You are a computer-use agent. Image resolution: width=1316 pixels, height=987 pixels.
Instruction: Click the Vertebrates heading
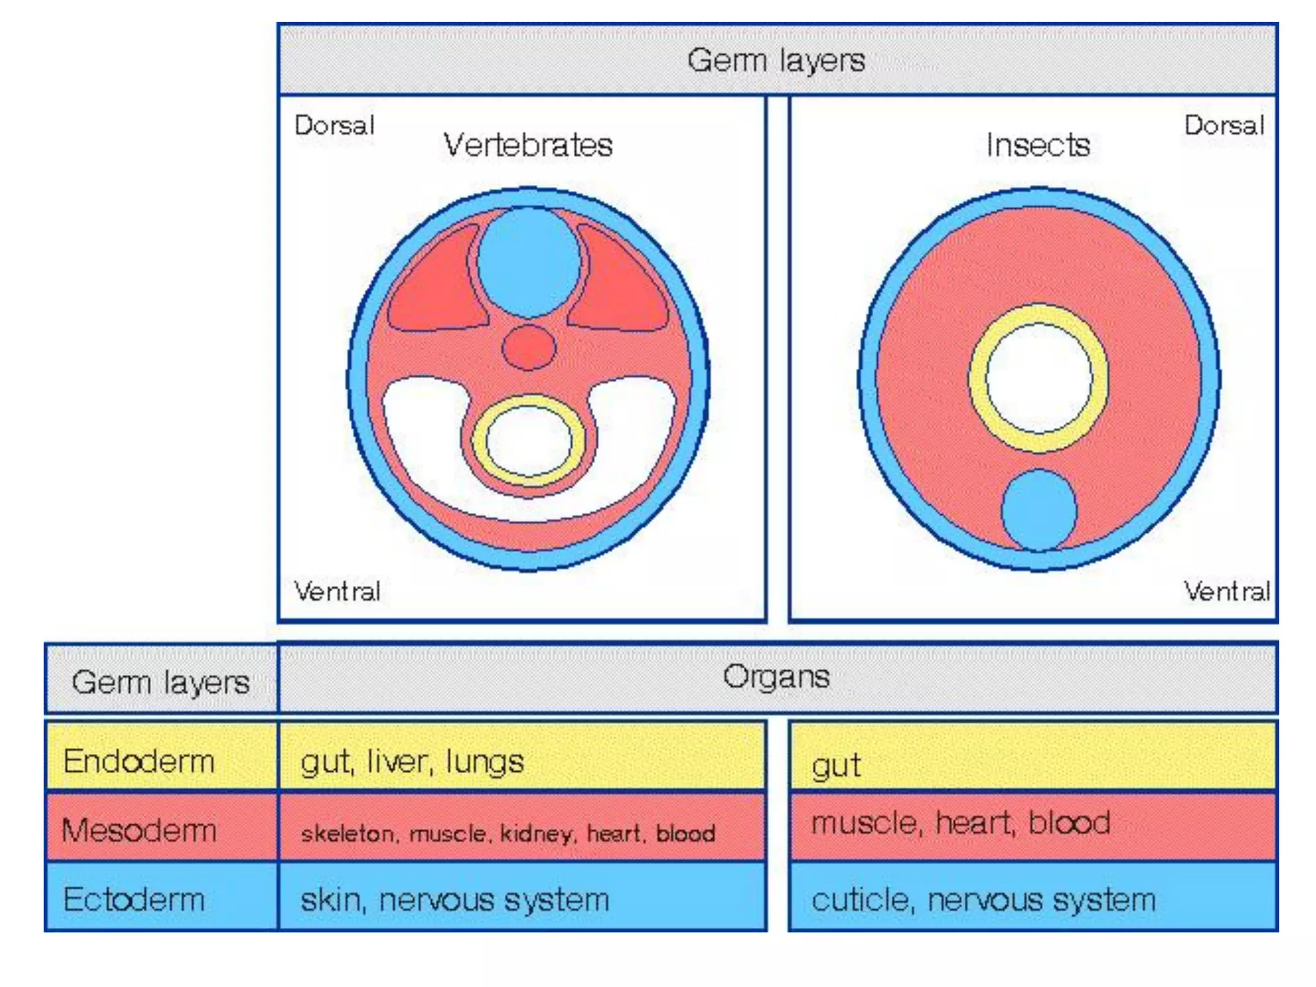(x=528, y=145)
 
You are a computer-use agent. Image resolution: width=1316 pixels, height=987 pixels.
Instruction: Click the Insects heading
(x=1038, y=145)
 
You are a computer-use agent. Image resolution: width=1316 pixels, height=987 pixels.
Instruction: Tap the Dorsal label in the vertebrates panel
(x=334, y=125)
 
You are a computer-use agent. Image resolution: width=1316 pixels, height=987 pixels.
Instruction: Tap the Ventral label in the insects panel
(x=1226, y=591)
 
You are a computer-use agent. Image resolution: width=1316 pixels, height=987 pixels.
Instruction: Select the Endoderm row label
(x=139, y=761)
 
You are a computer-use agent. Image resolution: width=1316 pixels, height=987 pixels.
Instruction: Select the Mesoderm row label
(x=139, y=830)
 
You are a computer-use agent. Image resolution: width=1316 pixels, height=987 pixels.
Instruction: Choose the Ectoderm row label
(x=134, y=899)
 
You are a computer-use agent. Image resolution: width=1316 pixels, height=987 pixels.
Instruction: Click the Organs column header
(x=776, y=677)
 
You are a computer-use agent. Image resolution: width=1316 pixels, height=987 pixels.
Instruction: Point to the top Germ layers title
(x=776, y=60)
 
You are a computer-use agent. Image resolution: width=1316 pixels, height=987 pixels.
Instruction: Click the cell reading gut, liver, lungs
(x=413, y=761)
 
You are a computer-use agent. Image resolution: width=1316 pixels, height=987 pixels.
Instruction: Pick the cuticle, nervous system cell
(x=983, y=899)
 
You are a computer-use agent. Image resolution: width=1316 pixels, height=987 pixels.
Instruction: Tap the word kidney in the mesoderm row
(x=536, y=833)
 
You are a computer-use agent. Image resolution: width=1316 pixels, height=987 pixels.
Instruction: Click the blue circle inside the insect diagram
(x=1039, y=510)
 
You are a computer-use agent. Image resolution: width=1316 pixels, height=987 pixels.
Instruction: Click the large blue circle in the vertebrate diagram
(x=528, y=262)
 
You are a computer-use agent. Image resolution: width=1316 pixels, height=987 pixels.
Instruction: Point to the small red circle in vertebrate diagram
(x=528, y=348)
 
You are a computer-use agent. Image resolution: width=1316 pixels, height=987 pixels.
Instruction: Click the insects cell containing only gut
(x=835, y=765)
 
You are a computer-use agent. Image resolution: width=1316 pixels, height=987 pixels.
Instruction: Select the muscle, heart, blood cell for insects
(x=960, y=823)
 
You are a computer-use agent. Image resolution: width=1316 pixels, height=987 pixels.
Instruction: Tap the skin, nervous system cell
(x=455, y=899)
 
